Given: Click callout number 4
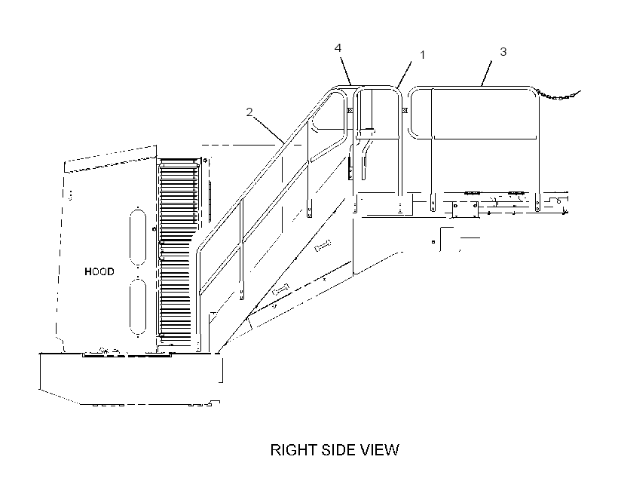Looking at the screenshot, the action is (x=338, y=48).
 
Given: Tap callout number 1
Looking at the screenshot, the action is (x=423, y=55).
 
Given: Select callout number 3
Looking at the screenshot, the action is (x=503, y=52).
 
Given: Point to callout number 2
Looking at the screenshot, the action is (x=249, y=112).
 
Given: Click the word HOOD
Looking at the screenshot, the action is (x=99, y=271).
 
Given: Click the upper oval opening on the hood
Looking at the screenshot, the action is (x=138, y=237).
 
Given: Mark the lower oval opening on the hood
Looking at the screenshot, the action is (x=138, y=306).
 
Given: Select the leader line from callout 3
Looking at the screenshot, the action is (x=487, y=73).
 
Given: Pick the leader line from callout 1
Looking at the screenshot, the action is (x=405, y=74).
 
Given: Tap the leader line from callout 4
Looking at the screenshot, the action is (x=345, y=72).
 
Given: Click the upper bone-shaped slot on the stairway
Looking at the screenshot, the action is (x=323, y=245).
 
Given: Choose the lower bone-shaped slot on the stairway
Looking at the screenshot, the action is (x=280, y=290).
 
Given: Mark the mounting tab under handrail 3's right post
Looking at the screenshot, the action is (x=537, y=203).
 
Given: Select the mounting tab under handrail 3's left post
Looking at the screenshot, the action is (x=433, y=203).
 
